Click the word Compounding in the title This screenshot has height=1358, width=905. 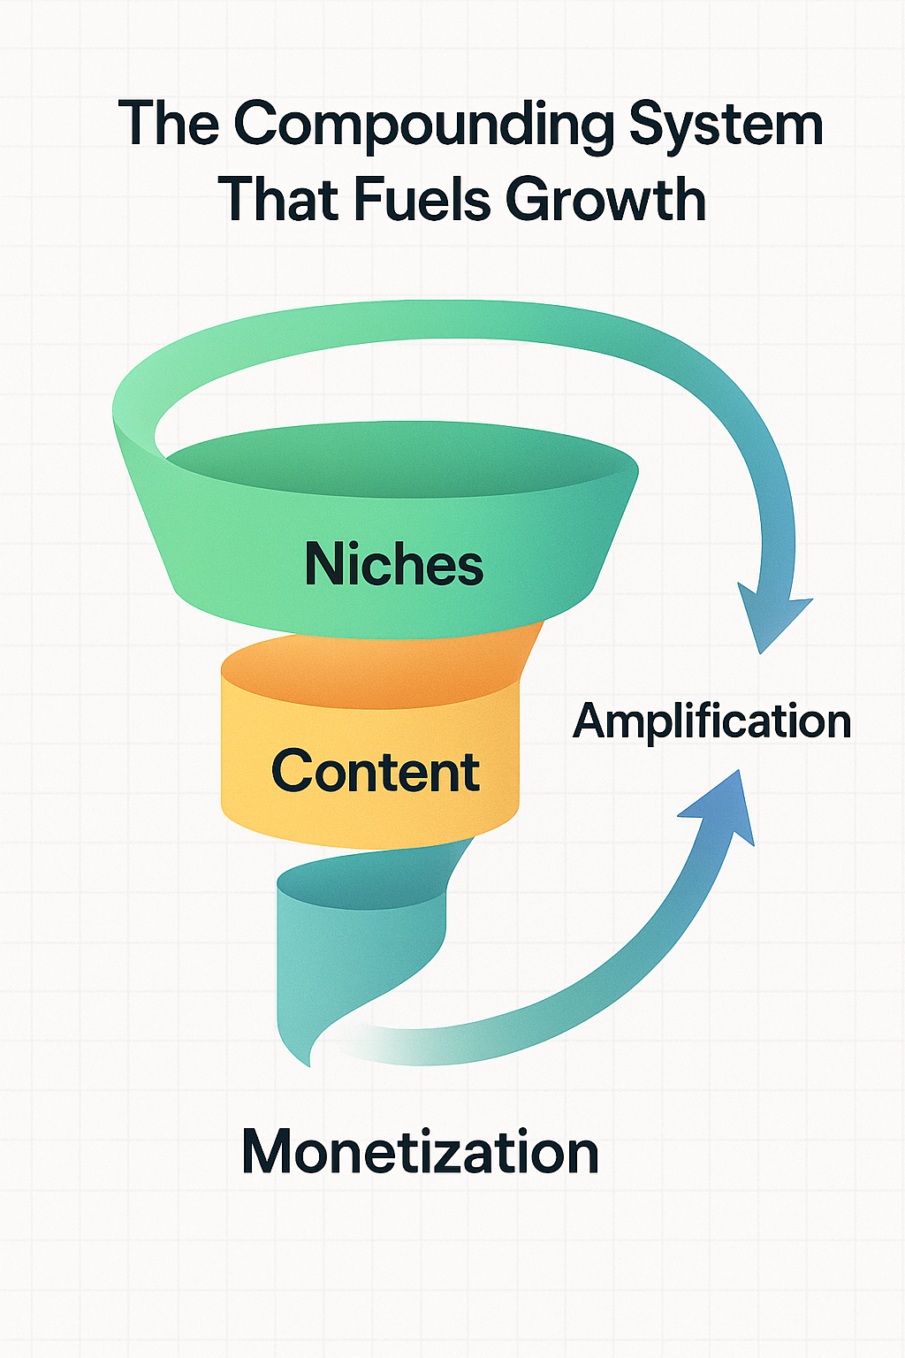[x=423, y=126]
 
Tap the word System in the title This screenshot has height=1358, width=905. [x=726, y=126]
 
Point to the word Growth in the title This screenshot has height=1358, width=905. [x=605, y=200]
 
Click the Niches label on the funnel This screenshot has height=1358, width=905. [x=394, y=564]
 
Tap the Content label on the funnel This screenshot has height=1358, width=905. [x=375, y=771]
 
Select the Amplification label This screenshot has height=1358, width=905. [x=711, y=721]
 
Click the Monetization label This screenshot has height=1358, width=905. [x=420, y=1152]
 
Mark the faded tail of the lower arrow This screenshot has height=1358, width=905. [x=371, y=1043]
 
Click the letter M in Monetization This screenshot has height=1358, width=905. [x=269, y=1152]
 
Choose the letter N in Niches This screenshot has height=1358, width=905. [x=323, y=564]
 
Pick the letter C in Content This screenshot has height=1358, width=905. [x=293, y=771]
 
